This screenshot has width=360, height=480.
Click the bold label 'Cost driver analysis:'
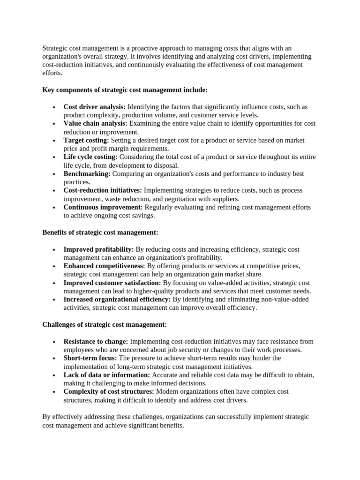pos(94,107)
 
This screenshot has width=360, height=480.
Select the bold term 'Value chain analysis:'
pos(95,124)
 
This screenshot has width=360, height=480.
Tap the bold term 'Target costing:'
pos(86,140)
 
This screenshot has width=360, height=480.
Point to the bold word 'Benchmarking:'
pos(87,173)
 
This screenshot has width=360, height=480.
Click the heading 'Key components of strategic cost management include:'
pos(125,90)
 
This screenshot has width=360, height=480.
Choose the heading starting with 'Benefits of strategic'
pos(100,232)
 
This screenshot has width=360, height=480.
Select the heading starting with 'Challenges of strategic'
pos(105,324)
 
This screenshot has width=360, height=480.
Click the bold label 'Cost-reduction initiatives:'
pos(103,190)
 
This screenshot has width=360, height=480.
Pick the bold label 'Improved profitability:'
pos(98,249)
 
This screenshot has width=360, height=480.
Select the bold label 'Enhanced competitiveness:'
pos(104,266)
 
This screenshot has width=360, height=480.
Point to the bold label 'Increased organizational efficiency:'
pos(117,299)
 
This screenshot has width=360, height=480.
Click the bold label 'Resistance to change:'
pos(96,341)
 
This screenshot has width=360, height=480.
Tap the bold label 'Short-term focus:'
pos(90,358)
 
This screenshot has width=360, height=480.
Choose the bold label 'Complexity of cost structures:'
pos(109,391)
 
